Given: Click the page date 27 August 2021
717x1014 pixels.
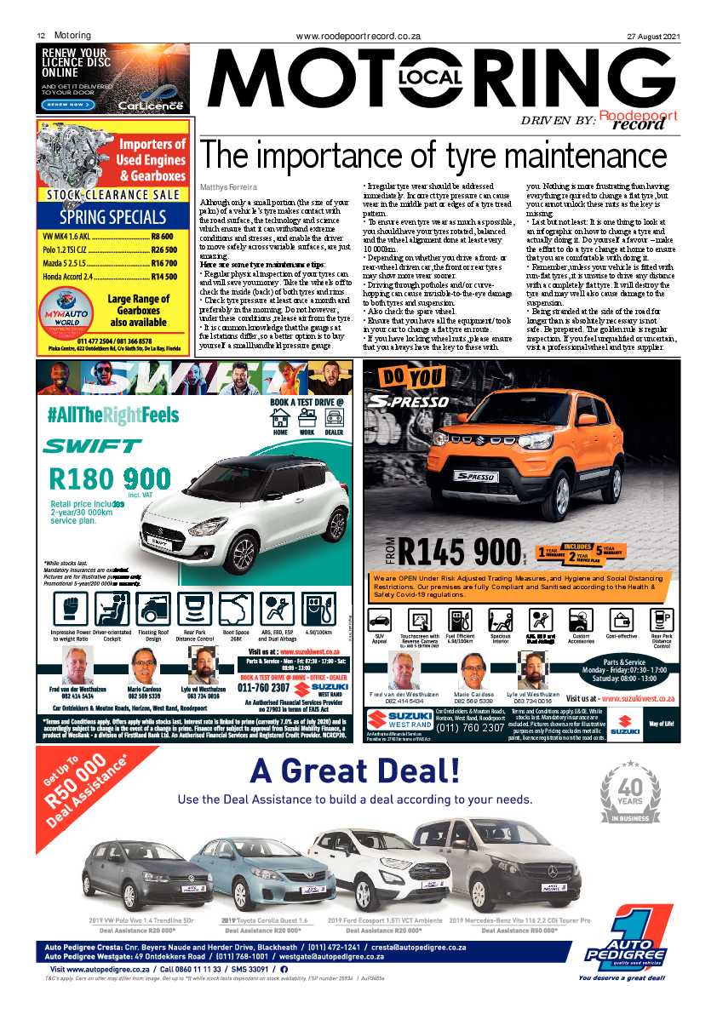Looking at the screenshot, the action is click(x=653, y=37).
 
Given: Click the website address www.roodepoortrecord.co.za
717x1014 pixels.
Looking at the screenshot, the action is click(x=358, y=37).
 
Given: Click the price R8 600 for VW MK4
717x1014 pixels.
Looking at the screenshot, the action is click(x=162, y=236).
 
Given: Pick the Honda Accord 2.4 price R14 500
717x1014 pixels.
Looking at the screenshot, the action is click(x=163, y=277).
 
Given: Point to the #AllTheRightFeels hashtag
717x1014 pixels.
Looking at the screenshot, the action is click(x=113, y=415).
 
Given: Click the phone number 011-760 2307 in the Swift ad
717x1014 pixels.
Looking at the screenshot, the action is click(x=267, y=687).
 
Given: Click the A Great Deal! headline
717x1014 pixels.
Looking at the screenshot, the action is click(x=355, y=771).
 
